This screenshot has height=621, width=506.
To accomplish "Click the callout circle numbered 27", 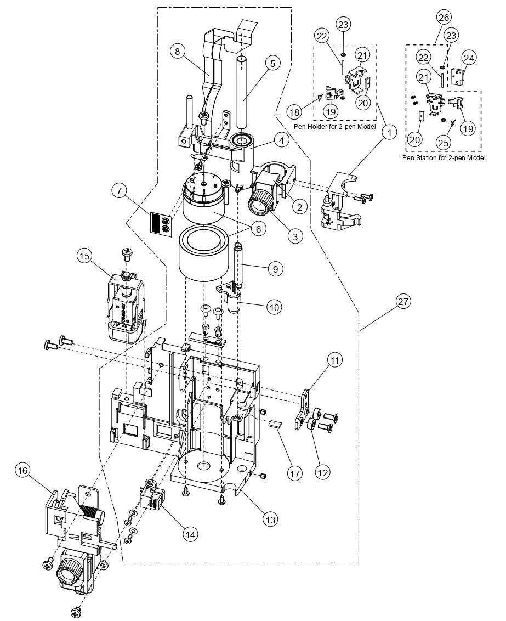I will click(x=405, y=302).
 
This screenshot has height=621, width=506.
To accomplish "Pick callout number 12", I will click(x=322, y=470).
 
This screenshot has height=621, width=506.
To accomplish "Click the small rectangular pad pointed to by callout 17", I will click(x=274, y=424).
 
